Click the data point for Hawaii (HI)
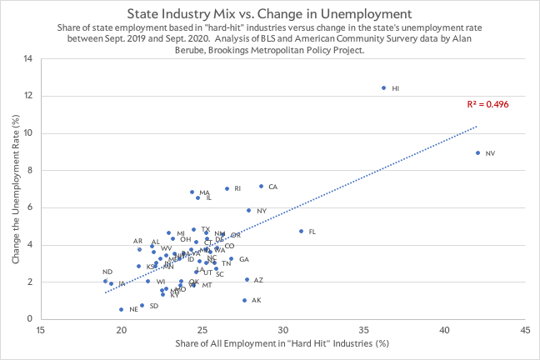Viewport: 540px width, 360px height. (383, 87)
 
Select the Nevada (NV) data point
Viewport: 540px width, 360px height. (477, 152)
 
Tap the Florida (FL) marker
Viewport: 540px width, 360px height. (301, 232)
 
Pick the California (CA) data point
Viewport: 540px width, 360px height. (261, 187)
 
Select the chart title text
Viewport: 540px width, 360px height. (270, 14)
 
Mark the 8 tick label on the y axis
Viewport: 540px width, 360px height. (31, 170)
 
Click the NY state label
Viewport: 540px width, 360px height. (262, 211)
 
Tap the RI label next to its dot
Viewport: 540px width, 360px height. (237, 188)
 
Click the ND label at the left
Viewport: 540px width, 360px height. (107, 272)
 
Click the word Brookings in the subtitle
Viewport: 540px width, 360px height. (225, 50)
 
